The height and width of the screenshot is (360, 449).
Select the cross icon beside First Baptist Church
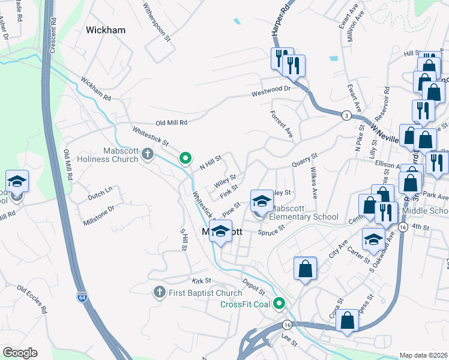[x=159, y=292]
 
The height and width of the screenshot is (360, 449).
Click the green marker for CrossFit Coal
[x=279, y=304]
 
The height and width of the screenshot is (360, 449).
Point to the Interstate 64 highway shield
[x=82, y=296]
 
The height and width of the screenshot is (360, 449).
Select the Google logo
[x=20, y=353]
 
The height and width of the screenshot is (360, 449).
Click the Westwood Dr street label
[x=271, y=89]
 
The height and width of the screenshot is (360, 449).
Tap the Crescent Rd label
[x=53, y=27]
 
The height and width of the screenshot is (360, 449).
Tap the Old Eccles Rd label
[x=32, y=300]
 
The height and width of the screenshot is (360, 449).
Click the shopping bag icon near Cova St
[x=348, y=321]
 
